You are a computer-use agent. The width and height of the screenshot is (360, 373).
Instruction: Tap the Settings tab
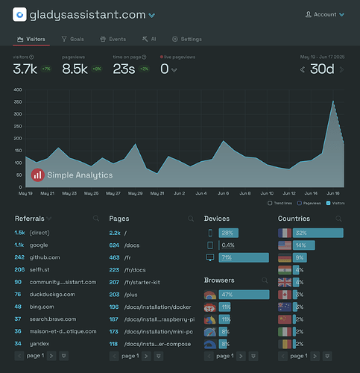[x=186, y=39]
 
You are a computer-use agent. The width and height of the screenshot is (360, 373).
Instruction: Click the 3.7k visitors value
[x=26, y=69]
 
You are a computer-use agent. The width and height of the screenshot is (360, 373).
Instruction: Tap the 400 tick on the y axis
[x=16, y=89]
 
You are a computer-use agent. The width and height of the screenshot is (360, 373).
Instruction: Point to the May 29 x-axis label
[x=135, y=193]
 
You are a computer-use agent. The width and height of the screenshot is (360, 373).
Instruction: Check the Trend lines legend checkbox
[x=270, y=202]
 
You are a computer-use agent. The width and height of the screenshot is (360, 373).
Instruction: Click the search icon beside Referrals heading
[x=96, y=219]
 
